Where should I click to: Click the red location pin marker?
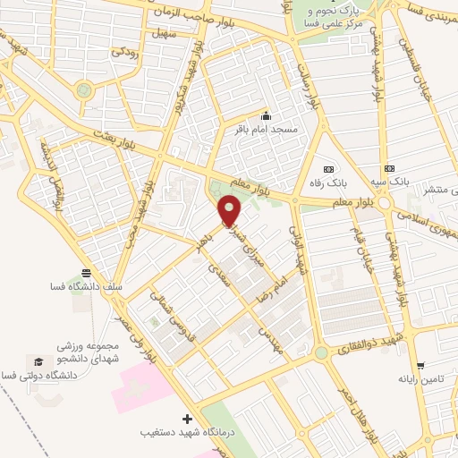[231, 212]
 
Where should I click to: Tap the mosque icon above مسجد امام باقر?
[265, 116]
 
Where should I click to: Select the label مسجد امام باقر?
[265, 131]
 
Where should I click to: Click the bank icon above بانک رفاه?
[327, 168]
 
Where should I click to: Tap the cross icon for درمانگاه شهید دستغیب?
[187, 419]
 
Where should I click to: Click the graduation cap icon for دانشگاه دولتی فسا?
[38, 360]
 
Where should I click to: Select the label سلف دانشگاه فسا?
[86, 287]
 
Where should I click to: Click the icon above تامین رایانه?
[420, 365]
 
